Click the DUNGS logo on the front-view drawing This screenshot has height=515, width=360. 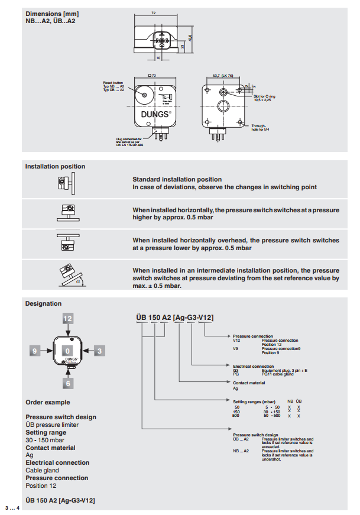coord(155,113)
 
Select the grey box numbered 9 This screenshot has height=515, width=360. coord(35,351)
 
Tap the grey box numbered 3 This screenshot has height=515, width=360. coord(100,351)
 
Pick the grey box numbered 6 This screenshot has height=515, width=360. coord(69,383)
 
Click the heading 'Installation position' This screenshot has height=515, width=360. coord(55,167)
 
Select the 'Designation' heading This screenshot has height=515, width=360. coord(43,304)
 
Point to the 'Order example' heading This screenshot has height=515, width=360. coord(47,402)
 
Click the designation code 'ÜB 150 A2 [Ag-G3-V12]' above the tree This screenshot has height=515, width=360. coord(171,318)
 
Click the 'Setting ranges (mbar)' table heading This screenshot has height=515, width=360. coord(255,401)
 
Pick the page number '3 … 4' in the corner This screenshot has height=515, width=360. coord(12,508)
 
